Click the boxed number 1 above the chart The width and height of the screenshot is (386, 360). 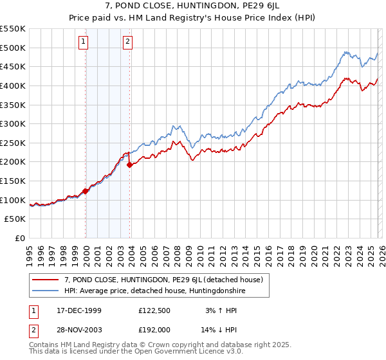point(84,42)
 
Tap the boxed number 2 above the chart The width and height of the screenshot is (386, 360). point(128,42)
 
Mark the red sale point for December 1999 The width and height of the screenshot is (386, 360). point(86,191)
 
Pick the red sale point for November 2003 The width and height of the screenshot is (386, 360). point(130,165)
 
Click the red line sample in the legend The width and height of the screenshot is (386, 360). point(45,280)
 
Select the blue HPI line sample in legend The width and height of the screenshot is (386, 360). point(45,291)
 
